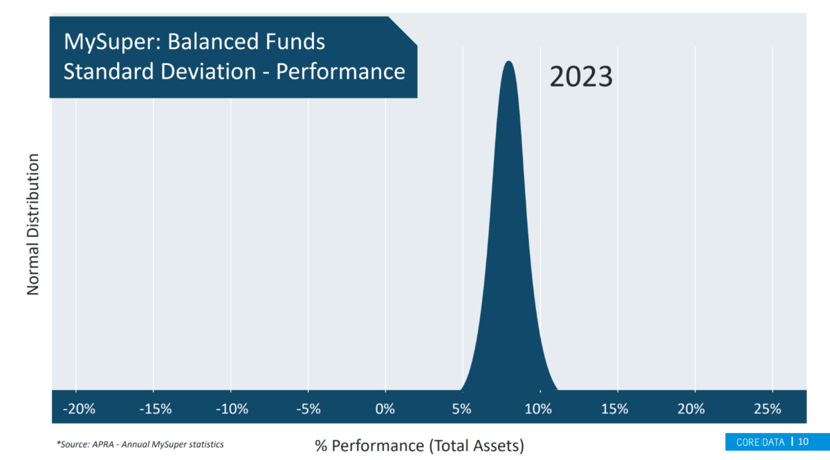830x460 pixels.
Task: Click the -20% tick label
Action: click(79, 409)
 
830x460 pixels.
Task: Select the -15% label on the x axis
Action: click(156, 409)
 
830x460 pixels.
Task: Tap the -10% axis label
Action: click(232, 409)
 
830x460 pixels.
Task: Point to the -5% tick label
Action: click(308, 409)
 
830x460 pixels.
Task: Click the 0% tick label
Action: click(385, 409)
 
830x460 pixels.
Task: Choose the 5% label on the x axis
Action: click(461, 409)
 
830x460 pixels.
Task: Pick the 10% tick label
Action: click(538, 409)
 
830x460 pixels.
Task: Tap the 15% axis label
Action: click(614, 409)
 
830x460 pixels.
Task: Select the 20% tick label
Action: click(691, 409)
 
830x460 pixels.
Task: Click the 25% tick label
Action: click(767, 409)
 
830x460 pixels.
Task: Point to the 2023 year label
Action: click(580, 77)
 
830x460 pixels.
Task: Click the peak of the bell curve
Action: click(509, 61)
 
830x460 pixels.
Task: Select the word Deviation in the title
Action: click(208, 71)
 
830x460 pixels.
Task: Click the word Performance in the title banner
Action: click(340, 71)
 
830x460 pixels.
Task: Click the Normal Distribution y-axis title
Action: click(33, 224)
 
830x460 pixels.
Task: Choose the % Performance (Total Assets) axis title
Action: click(419, 445)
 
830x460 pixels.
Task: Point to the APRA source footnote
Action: click(140, 444)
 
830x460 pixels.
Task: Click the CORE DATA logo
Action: click(760, 442)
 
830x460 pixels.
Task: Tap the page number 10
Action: click(803, 441)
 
